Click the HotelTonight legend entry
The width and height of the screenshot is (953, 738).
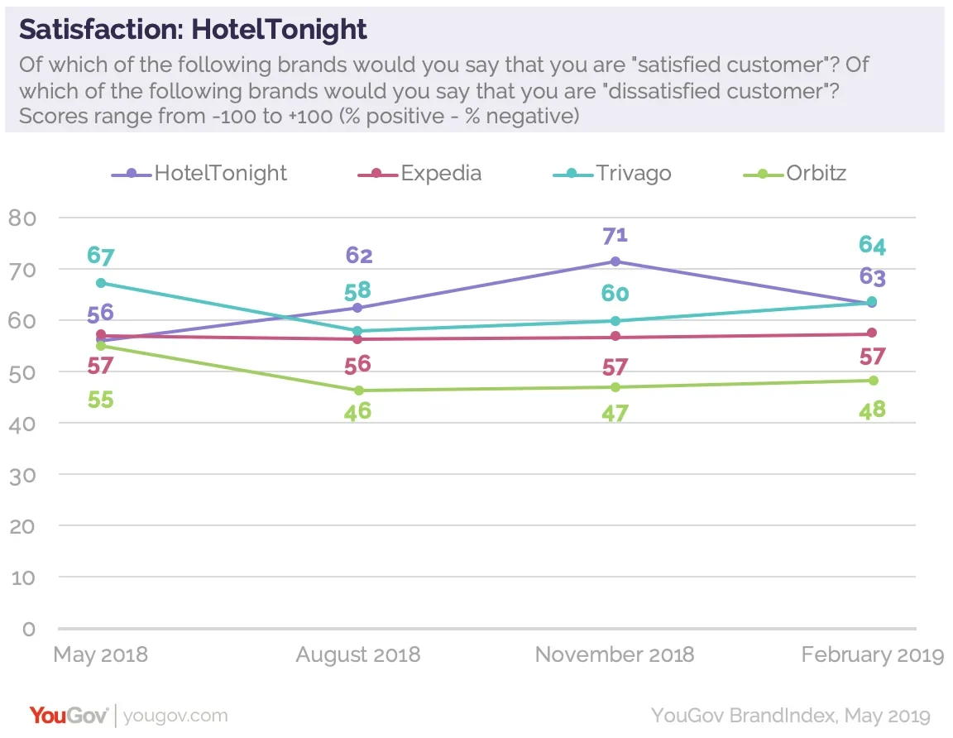[199, 174]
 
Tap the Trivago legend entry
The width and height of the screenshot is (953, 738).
[613, 174]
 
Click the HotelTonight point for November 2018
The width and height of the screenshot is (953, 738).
[615, 261]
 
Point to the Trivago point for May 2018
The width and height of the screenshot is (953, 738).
[101, 283]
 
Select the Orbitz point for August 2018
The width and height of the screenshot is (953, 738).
[358, 391]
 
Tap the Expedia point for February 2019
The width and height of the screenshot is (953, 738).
[872, 333]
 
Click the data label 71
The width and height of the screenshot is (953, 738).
[615, 234]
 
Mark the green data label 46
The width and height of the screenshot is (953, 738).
[358, 411]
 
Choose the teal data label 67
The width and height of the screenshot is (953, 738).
[101, 256]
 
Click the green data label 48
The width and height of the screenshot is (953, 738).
[872, 408]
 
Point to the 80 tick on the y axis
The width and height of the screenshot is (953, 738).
[24, 218]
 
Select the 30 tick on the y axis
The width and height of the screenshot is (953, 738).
[24, 475]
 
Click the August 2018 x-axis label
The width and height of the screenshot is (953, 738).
[358, 655]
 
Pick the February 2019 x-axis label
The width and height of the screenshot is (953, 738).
[872, 655]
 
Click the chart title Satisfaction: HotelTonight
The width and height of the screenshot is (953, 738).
[193, 30]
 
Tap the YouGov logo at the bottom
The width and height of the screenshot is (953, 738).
[68, 716]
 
